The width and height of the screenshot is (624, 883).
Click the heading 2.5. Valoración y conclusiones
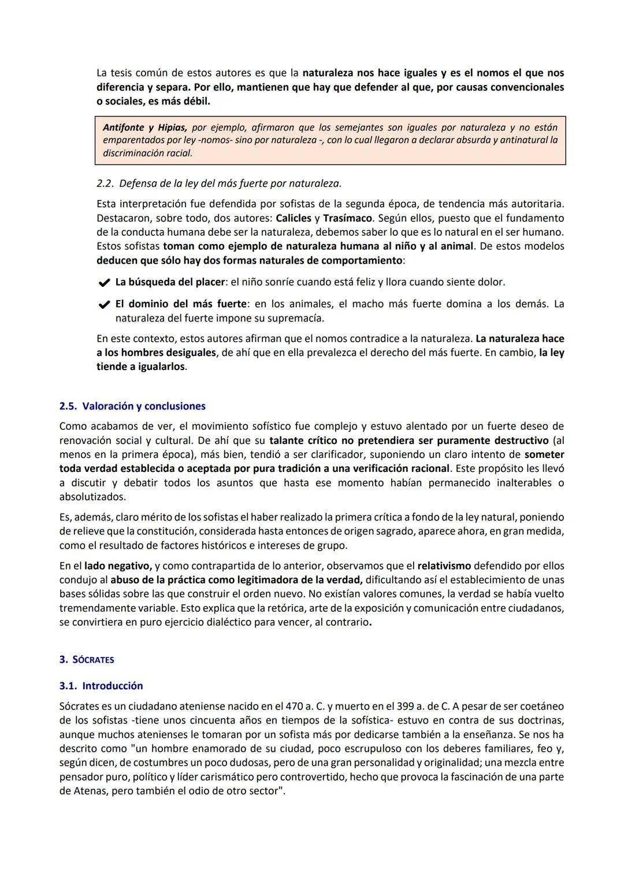[132, 406]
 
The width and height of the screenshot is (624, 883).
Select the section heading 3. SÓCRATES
[87, 659]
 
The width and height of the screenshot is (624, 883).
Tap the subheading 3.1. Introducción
[101, 685]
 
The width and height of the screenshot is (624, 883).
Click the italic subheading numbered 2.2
[218, 183]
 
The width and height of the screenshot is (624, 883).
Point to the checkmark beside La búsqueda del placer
[104, 283]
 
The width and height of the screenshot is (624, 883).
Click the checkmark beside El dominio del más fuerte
[104, 304]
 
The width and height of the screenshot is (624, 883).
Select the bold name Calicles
[294, 218]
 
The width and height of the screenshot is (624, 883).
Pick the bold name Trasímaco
[347, 218]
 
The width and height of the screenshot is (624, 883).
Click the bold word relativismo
[444, 566]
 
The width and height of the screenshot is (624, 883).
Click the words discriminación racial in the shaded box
[147, 153]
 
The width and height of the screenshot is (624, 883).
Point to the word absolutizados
[91, 497]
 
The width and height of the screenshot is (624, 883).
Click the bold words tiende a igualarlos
[141, 367]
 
